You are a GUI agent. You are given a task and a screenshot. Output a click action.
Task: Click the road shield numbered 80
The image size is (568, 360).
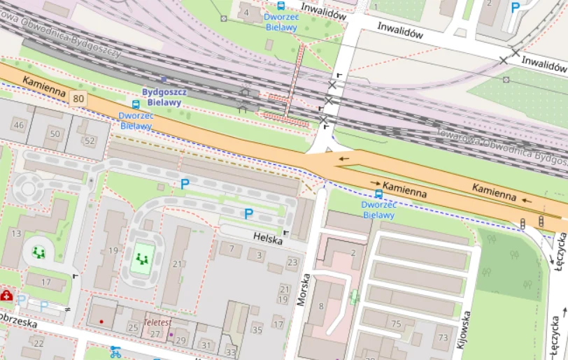click(78, 99)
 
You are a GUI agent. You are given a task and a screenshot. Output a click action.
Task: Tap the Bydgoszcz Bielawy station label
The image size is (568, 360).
click(162, 97)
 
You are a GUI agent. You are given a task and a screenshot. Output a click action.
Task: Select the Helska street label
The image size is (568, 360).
click(269, 240)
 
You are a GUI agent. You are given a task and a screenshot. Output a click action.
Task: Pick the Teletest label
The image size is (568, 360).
click(157, 323)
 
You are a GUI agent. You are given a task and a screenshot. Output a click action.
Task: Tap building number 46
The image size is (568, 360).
click(19, 125)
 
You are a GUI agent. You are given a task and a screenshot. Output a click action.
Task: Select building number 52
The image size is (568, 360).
click(89, 141)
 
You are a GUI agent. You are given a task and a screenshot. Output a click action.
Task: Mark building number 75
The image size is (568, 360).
click(397, 323)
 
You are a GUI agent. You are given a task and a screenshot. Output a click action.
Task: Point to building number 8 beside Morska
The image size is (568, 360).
click(321, 305)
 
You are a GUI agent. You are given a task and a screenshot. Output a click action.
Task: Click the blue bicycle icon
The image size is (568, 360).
click(115, 352)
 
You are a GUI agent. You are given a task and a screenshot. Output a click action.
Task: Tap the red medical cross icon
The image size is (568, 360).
click(7, 296)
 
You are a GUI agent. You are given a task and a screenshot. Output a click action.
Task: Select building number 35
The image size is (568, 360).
click(257, 329)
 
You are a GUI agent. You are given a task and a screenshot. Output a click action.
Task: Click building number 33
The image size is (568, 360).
click(230, 352)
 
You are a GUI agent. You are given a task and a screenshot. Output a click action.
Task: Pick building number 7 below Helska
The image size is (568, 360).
click(230, 247)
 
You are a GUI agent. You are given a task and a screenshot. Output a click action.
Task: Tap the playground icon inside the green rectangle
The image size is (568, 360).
click(143, 259)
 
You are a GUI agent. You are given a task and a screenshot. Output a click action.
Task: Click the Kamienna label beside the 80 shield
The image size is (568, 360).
click(43, 87)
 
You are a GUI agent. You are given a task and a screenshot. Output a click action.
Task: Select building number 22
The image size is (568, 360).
click(38, 343)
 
